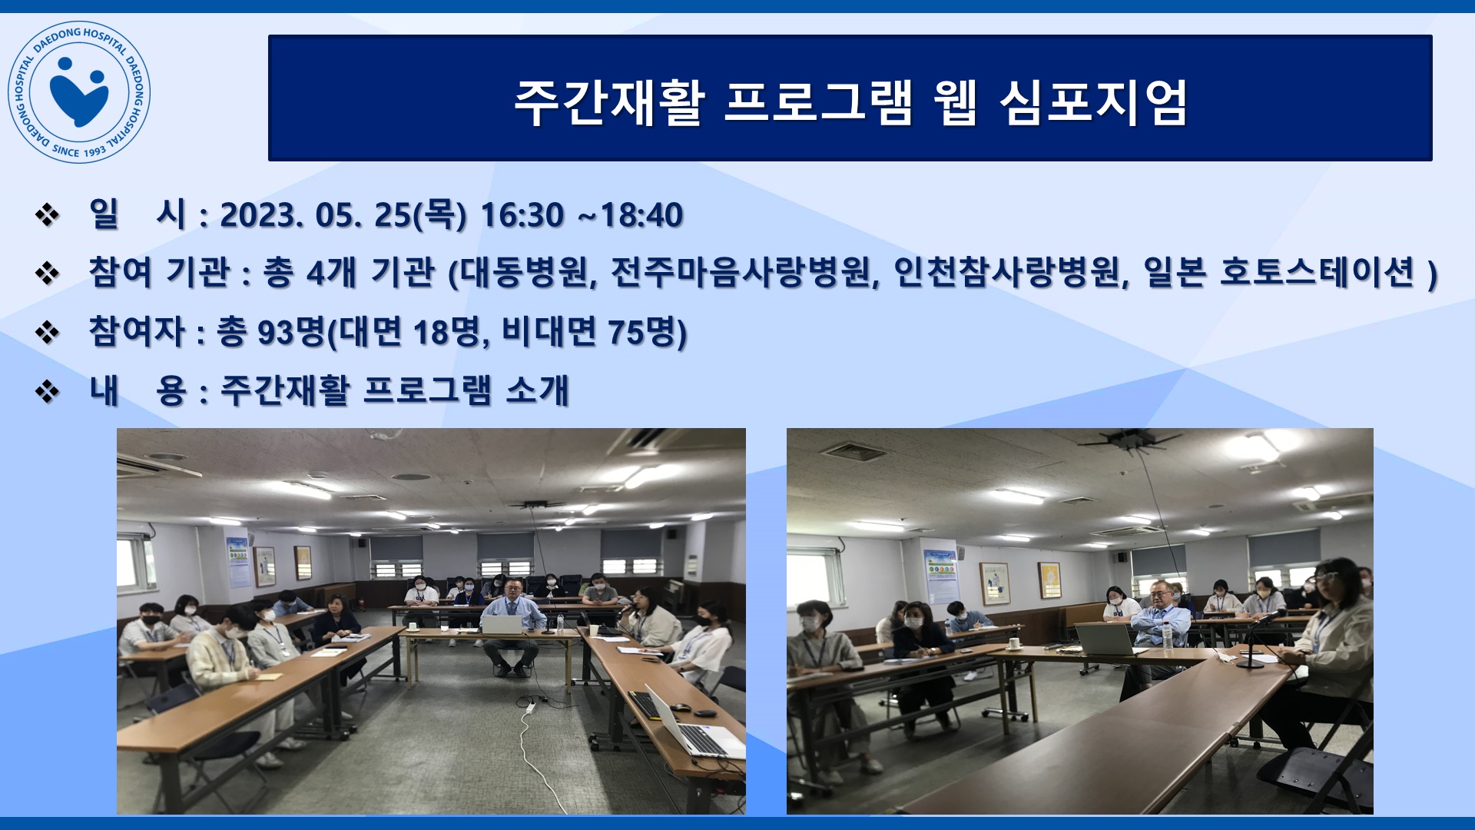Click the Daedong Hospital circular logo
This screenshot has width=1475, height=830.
pyautogui.click(x=79, y=92)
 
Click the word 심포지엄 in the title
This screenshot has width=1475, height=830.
pyautogui.click(x=1094, y=102)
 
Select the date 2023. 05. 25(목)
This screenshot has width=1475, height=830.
pyautogui.click(x=343, y=215)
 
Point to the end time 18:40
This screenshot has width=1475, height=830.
pyautogui.click(x=641, y=215)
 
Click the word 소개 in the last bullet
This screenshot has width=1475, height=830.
pyautogui.click(x=537, y=390)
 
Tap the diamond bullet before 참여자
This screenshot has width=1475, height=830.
pyautogui.click(x=48, y=333)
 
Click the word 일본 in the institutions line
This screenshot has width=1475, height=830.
pyautogui.click(x=1175, y=272)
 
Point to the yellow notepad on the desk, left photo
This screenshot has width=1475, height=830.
pyautogui.click(x=270, y=676)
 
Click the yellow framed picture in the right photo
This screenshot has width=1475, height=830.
pyautogui.click(x=1049, y=579)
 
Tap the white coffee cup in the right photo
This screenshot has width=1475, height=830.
pyautogui.click(x=1014, y=643)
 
